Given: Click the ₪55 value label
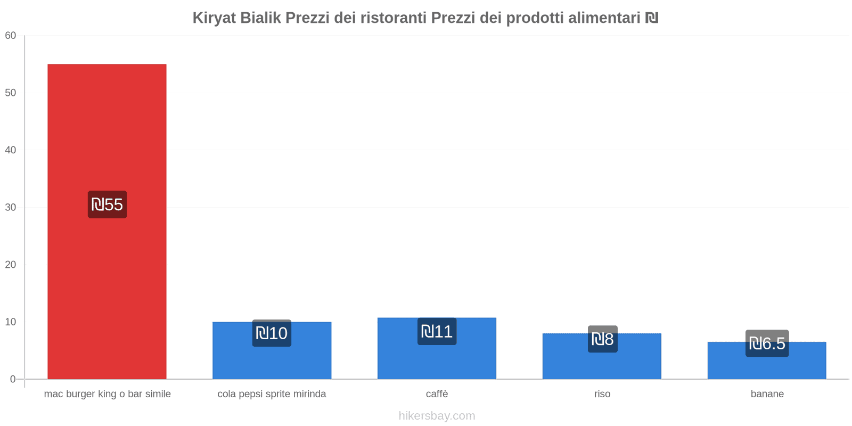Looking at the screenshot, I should [107, 204].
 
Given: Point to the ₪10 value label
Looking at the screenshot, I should [272, 333].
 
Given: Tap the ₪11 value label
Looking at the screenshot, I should [437, 332].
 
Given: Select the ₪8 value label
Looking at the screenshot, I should [602, 339].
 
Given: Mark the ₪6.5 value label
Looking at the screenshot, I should [767, 343].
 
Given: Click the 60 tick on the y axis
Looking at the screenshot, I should [11, 36].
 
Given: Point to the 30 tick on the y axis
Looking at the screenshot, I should [11, 208].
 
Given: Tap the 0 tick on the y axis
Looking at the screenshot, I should [13, 379].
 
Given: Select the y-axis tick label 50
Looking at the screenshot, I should [11, 93].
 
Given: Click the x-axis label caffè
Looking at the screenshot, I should [437, 394].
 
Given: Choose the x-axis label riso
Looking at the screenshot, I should [602, 394].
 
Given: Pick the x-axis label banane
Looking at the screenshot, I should [767, 394].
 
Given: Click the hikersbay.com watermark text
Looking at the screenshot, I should [437, 416].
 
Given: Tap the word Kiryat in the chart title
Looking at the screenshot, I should [214, 18].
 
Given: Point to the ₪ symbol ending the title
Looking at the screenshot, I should [652, 18].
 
